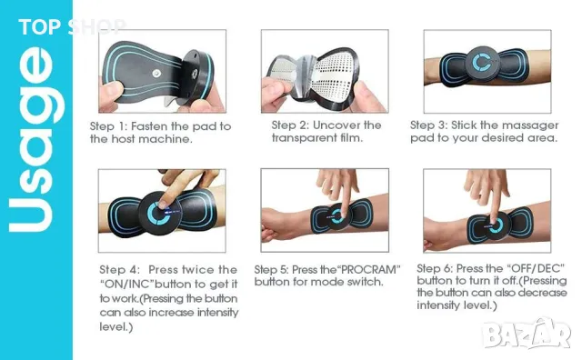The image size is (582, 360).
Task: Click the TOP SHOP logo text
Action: click(73, 27)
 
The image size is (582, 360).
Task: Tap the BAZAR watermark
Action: click(527, 335)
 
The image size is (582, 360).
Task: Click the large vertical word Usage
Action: click(36, 139)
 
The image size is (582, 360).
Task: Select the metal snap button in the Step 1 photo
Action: click(156, 74)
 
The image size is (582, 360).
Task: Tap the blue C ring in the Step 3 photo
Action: click(482, 62)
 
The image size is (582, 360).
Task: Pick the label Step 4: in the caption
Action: click(119, 270)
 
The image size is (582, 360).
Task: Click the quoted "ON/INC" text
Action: click(126, 285)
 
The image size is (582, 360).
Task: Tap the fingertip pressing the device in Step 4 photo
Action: click(162, 205)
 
